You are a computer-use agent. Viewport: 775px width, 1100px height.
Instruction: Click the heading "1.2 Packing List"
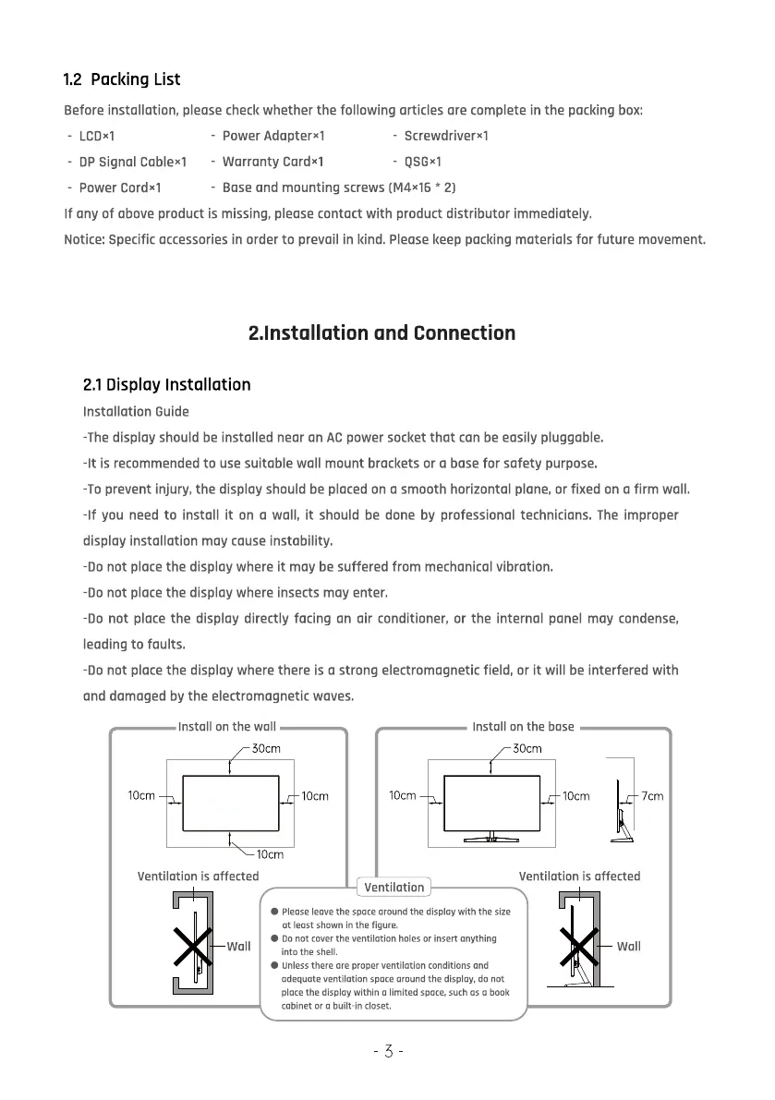(122, 79)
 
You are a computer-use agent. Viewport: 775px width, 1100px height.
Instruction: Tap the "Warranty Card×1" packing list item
(272, 162)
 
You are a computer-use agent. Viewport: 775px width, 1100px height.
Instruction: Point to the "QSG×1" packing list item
(423, 162)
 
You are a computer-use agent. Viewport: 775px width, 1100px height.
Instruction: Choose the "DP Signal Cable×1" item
(133, 162)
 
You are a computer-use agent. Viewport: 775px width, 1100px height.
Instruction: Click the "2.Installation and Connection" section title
(382, 332)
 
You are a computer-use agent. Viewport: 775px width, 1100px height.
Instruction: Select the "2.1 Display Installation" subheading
(166, 384)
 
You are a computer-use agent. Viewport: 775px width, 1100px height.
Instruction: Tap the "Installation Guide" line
(136, 411)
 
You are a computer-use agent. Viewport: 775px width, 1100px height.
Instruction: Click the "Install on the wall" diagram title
(227, 727)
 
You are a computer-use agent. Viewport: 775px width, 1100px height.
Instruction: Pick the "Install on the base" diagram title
(523, 727)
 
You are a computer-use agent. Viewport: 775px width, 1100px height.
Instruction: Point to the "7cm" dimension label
(652, 796)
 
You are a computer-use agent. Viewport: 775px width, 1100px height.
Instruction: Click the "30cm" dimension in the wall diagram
(267, 749)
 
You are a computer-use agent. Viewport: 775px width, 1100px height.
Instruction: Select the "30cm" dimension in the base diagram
(527, 749)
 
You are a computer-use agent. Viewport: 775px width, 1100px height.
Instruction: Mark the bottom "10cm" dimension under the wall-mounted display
(270, 854)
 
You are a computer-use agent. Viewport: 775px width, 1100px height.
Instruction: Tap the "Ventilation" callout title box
(394, 888)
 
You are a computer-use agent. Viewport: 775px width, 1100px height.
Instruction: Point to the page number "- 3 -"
(388, 1051)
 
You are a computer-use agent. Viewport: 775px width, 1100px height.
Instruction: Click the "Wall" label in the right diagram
(628, 946)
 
